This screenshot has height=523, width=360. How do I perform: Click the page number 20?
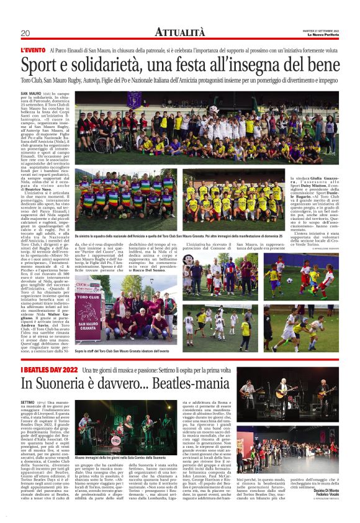[25, 33]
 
